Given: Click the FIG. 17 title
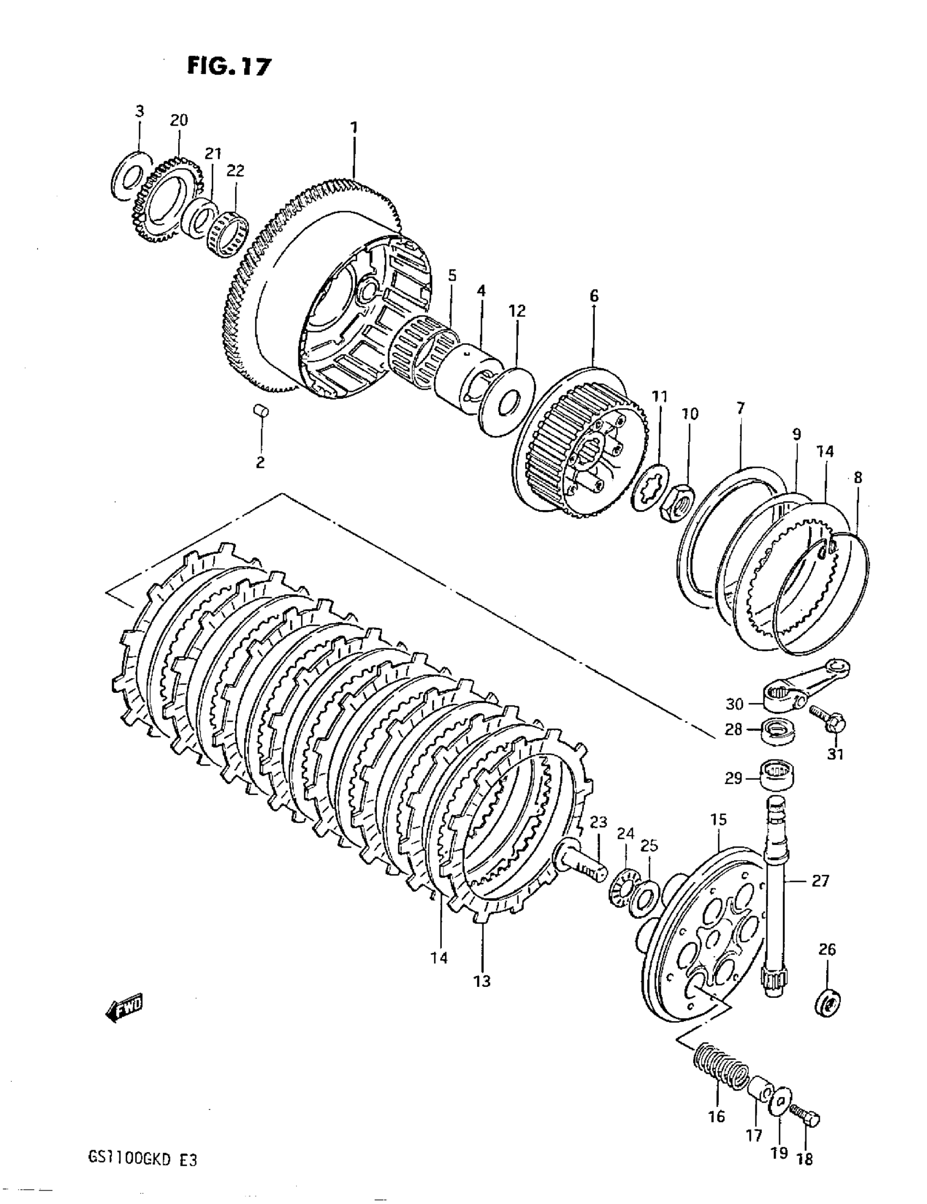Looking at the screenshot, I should (229, 66).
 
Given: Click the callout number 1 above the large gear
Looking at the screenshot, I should (354, 128).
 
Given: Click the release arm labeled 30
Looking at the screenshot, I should (805, 684).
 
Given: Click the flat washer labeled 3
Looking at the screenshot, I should (131, 176).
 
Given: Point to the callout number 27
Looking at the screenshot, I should (820, 881).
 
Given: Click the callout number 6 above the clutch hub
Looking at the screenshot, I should (594, 296).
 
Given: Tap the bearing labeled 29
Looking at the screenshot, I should (778, 777).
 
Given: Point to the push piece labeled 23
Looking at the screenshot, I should (583, 866).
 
